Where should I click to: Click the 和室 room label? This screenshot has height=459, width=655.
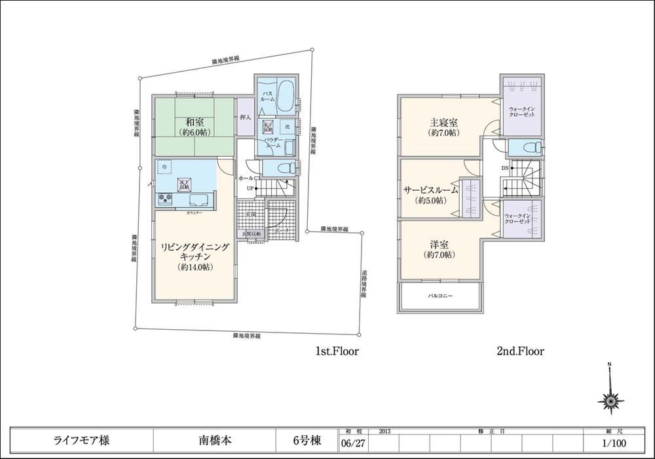(193, 122)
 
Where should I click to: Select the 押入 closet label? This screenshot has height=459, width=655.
(244, 119)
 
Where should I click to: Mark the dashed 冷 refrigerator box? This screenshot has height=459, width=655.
(163, 169)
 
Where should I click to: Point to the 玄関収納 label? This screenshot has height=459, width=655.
(250, 234)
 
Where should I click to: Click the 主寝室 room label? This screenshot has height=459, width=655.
(443, 122)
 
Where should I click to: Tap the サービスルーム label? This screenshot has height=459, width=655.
(430, 190)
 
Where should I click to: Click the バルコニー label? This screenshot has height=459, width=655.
(441, 296)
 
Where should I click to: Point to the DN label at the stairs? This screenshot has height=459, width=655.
(505, 167)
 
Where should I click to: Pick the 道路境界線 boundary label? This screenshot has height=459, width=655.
(364, 285)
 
